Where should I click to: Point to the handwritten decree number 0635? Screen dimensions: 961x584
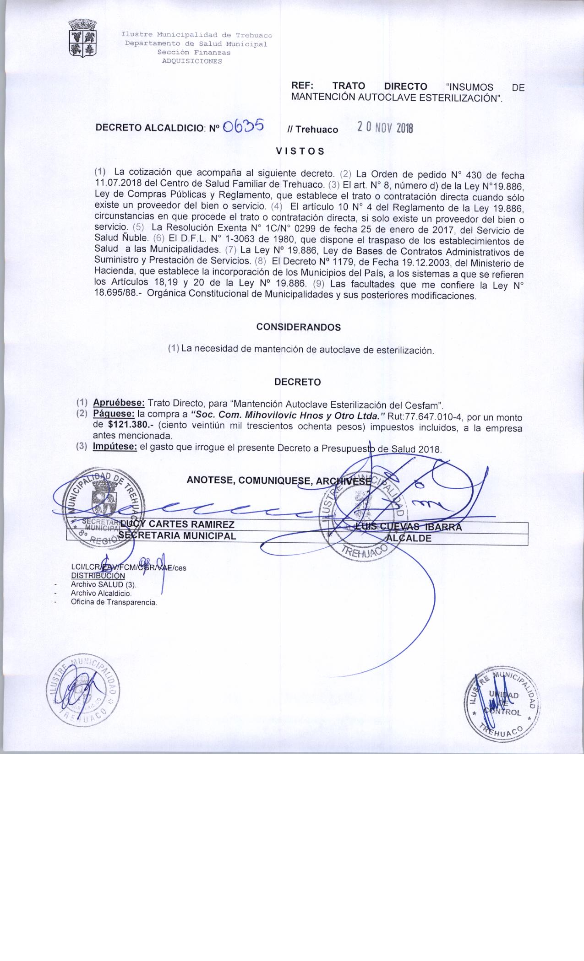[x=242, y=126]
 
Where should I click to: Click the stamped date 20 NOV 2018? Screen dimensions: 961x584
[x=385, y=129]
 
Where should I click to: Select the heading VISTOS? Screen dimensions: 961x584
[x=300, y=151]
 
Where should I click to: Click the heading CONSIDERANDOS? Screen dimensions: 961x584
[x=299, y=327]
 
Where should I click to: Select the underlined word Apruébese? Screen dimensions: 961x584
[x=119, y=403]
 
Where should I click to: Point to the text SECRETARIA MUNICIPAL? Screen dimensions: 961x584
[x=177, y=536]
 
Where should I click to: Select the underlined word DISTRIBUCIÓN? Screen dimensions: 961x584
[x=98, y=576]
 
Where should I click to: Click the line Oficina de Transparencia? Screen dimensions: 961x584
[x=114, y=602]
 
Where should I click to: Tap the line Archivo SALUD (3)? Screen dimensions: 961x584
[x=104, y=584]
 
